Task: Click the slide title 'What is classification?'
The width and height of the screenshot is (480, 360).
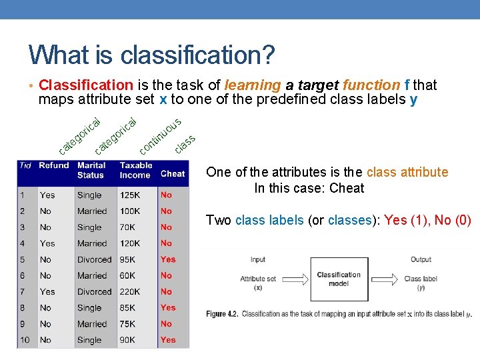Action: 151,55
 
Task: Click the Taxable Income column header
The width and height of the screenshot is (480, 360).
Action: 135,170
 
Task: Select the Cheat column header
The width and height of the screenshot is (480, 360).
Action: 173,173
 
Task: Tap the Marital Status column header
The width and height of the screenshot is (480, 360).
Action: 91,170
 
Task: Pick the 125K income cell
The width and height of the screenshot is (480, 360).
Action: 129,195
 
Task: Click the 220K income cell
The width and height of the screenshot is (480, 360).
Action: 130,291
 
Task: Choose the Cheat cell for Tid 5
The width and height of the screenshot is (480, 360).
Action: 168,259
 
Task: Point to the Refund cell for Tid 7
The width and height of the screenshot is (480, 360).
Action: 47,291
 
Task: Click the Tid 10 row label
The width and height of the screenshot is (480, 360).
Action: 25,340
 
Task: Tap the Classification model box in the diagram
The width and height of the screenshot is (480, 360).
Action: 338,278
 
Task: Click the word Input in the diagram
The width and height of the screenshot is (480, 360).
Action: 258,259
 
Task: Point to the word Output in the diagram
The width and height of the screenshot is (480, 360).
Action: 421,259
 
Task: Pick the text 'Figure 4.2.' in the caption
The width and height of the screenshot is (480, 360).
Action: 221,313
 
